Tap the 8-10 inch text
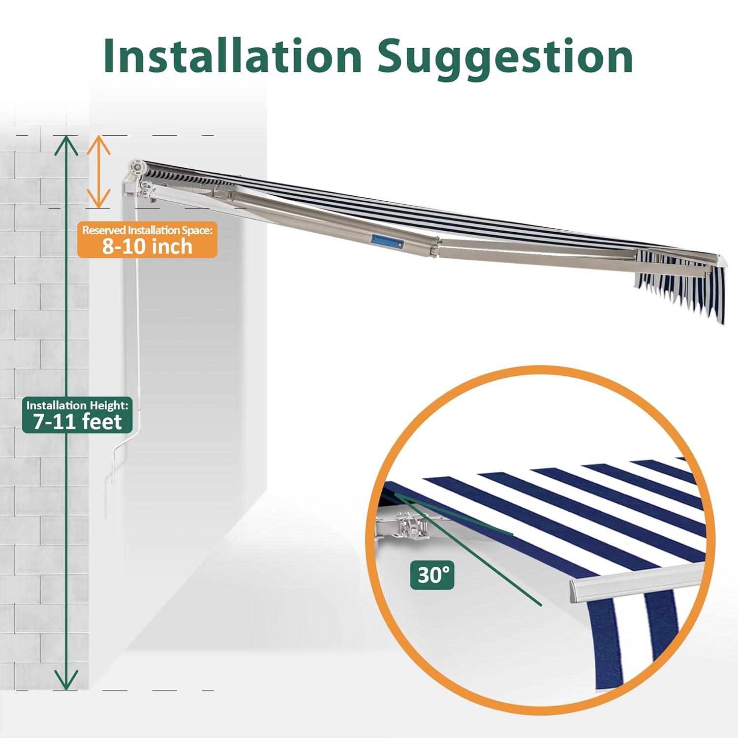(147, 246)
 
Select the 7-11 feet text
(77, 422)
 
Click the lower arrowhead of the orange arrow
(99, 199)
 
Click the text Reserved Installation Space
(147, 230)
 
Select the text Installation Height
(77, 405)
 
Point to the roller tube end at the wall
(138, 169)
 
